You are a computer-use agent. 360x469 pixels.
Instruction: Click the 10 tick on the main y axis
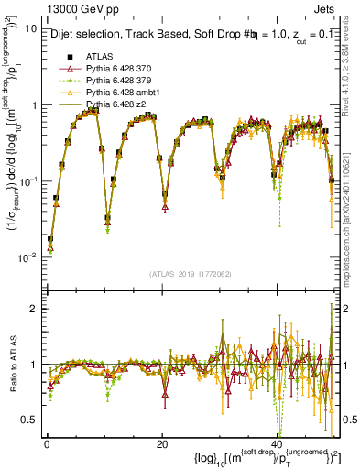click(x=29, y=28)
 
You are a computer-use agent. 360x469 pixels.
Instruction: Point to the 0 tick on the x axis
click(x=46, y=444)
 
